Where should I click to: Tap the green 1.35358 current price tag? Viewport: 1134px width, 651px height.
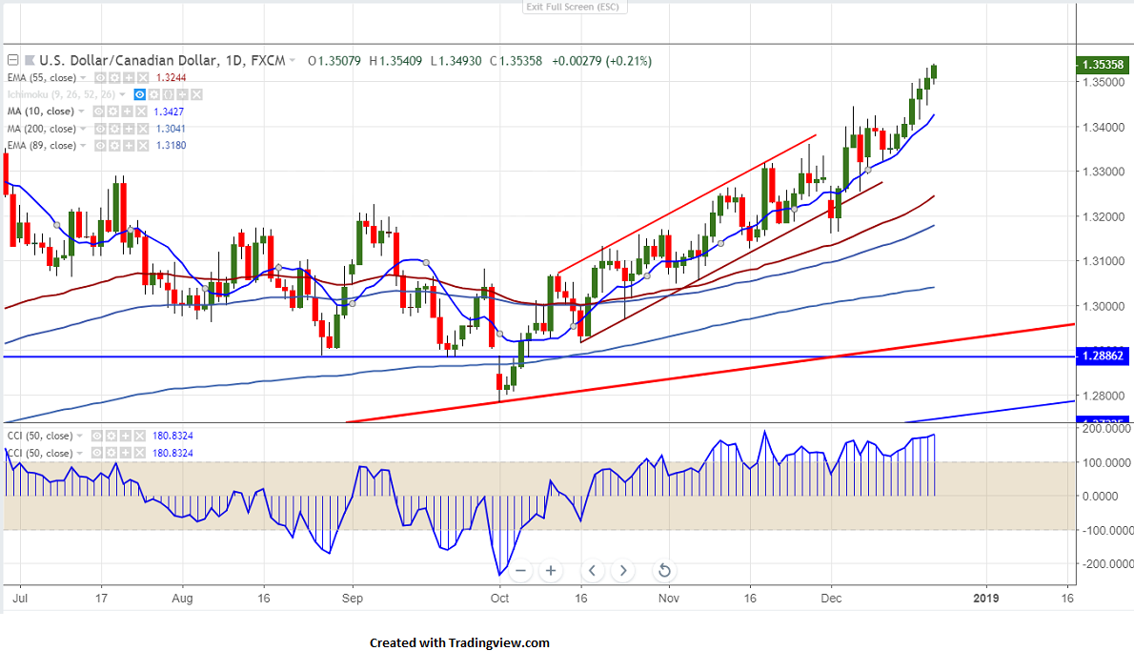[x=1103, y=66]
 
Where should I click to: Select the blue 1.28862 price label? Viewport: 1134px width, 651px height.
[x=1103, y=356]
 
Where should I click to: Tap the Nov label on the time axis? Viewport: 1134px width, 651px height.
[x=668, y=599]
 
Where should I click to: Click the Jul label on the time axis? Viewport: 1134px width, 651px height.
[x=18, y=599]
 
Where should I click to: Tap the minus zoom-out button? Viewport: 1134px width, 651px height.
[x=519, y=571]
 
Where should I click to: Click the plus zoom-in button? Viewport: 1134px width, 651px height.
[x=551, y=571]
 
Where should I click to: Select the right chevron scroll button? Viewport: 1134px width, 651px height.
[x=623, y=571]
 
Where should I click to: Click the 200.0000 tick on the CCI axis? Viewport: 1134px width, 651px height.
[x=1104, y=429]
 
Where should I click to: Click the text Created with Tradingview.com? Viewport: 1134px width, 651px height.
[x=459, y=643]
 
